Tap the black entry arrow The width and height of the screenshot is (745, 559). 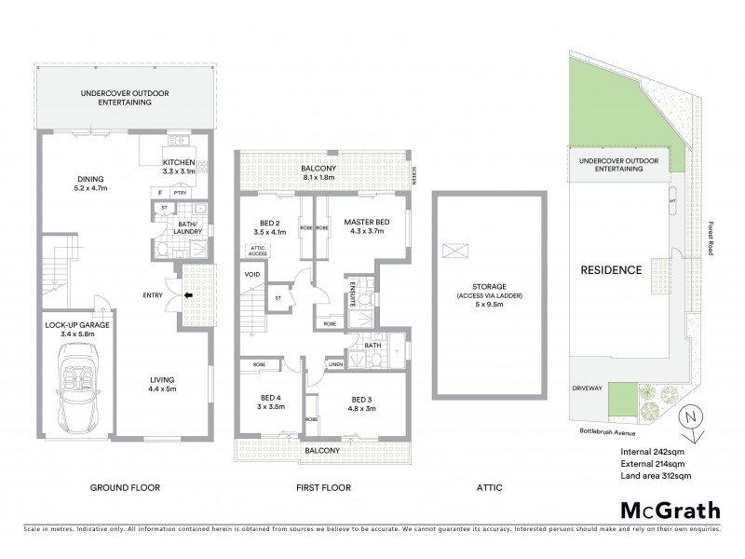coord(190,296)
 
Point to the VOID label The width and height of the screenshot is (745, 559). coord(251,275)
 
